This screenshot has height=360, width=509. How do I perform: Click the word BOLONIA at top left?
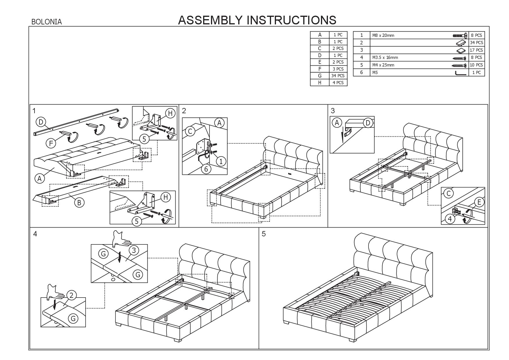pos(46,22)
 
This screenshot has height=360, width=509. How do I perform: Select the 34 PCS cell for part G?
pos(338,76)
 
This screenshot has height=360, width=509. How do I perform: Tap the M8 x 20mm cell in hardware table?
pos(383,35)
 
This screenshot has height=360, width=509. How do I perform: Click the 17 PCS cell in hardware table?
pos(476,50)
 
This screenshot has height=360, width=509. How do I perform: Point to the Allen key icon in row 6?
pos(461,73)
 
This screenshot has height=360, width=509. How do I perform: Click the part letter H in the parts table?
pos(320,83)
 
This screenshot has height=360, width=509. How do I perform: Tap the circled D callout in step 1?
pos(41,122)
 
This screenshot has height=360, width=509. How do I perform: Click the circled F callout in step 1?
pos(51,143)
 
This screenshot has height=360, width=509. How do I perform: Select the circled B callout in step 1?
pos(79,202)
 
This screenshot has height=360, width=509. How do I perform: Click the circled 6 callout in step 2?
pos(206,169)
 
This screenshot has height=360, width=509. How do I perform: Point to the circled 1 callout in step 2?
pos(221,161)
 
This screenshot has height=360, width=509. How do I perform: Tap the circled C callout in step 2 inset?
pos(190,132)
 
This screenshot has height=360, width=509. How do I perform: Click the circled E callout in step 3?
pos(479,202)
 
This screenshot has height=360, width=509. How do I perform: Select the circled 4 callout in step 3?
pos(450,219)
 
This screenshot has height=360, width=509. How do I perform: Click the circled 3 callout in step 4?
pos(134,250)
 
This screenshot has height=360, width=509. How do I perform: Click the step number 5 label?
pos(263,234)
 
